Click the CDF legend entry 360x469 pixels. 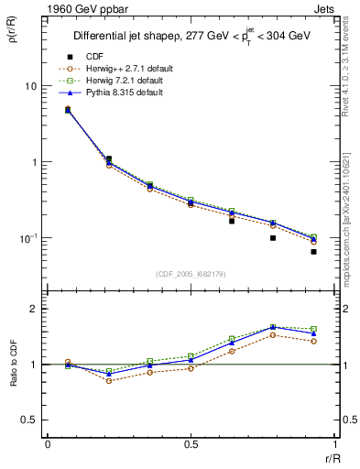click(x=93, y=57)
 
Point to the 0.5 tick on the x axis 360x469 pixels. click(x=190, y=444)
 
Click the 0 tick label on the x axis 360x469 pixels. click(x=48, y=444)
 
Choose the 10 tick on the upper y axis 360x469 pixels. click(x=32, y=86)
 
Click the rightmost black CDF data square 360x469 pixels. click(x=313, y=251)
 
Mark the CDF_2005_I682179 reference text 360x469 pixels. click(x=190, y=272)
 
